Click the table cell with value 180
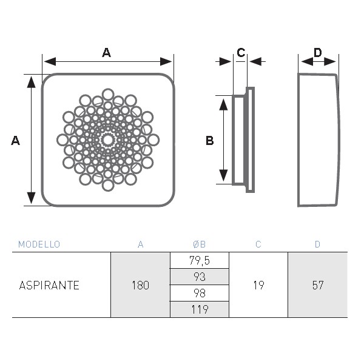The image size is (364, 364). click(x=141, y=285)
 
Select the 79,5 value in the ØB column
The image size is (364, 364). click(x=200, y=260)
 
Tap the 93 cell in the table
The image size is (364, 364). click(x=200, y=277)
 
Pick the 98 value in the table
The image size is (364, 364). click(x=200, y=293)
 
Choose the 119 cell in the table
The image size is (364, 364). click(x=200, y=309)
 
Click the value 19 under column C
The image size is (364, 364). click(x=258, y=285)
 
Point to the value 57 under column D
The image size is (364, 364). click(x=317, y=285)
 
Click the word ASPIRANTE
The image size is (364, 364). click(x=49, y=285)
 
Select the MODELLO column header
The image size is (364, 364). click(x=39, y=244)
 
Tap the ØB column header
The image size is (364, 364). click(x=199, y=244)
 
